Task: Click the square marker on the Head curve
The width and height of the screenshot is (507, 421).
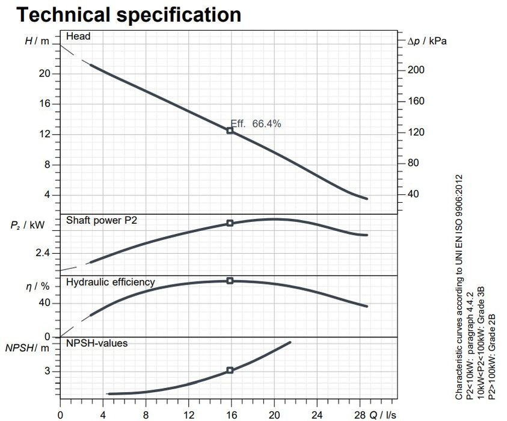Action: [230, 130]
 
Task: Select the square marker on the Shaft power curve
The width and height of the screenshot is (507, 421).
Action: [230, 223]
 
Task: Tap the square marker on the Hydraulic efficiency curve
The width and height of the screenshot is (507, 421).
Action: [230, 281]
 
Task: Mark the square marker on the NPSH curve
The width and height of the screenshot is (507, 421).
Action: [230, 370]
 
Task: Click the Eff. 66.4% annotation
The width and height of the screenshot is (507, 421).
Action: [256, 124]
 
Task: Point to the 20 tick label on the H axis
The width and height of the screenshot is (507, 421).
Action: [45, 73]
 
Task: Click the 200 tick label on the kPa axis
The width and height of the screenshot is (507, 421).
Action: [416, 70]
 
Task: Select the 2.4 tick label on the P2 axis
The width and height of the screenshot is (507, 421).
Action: [44, 252]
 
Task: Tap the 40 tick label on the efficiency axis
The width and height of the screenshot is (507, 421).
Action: [45, 303]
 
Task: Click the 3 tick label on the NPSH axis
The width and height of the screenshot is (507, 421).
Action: [48, 371]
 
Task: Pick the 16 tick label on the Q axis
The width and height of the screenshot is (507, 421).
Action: [232, 415]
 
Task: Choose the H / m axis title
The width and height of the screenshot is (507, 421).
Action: [35, 41]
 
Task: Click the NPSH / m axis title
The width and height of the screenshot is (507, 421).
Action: [26, 348]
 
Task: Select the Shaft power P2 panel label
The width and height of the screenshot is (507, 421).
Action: [102, 221]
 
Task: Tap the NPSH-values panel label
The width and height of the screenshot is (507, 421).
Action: [96, 343]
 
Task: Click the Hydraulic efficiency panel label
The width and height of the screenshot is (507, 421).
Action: [110, 281]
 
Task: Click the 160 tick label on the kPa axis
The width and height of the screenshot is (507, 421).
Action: [416, 101]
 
